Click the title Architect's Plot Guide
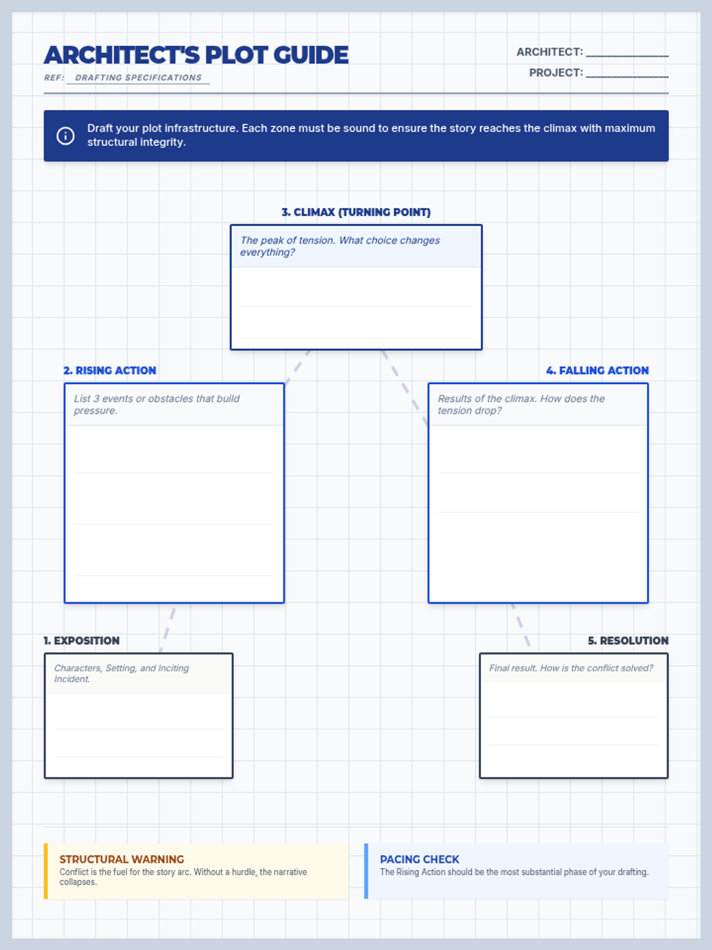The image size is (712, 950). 196,55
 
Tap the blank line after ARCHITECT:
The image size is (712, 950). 627,53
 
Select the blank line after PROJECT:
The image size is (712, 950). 627,74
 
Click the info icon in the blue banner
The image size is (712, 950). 65,136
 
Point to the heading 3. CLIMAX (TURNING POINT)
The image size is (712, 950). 356,212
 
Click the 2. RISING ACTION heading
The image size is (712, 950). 110,370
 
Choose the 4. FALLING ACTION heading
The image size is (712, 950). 597,370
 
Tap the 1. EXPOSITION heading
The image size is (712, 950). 81,641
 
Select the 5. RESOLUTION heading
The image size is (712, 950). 628,641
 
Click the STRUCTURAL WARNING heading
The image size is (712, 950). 122,859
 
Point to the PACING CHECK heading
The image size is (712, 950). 419,859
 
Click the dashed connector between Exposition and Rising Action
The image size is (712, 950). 167,628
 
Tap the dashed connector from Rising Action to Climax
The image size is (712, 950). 298,366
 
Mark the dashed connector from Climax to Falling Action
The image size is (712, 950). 404,387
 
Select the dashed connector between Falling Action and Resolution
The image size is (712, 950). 520,625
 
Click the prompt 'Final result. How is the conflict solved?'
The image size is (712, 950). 571,668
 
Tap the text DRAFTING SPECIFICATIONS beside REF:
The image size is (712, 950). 138,78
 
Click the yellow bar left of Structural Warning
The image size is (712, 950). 46,871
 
